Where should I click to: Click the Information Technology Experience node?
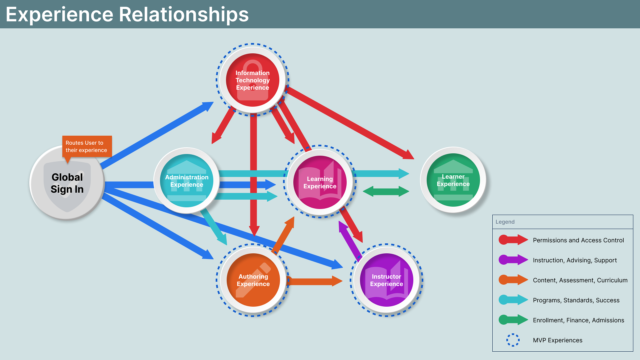tap(252, 80)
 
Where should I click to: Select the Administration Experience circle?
tap(187, 181)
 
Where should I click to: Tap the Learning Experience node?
tap(320, 182)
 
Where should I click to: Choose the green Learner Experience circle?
tap(453, 180)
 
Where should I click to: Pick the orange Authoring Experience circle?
tap(253, 280)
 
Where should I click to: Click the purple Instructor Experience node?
tap(386, 280)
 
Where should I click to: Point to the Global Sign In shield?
tap(67, 183)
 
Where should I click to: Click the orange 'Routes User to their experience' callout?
tap(87, 146)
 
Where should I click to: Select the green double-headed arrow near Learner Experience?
tap(386, 191)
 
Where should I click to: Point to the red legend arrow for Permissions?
tap(513, 240)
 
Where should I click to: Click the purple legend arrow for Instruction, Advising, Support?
tap(513, 260)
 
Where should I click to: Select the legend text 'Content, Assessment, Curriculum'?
tap(580, 280)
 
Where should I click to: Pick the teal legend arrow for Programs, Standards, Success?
tap(513, 300)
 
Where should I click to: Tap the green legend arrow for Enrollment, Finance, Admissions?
tap(513, 320)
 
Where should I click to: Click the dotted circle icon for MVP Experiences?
tap(513, 340)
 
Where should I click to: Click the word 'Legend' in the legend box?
tap(505, 222)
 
